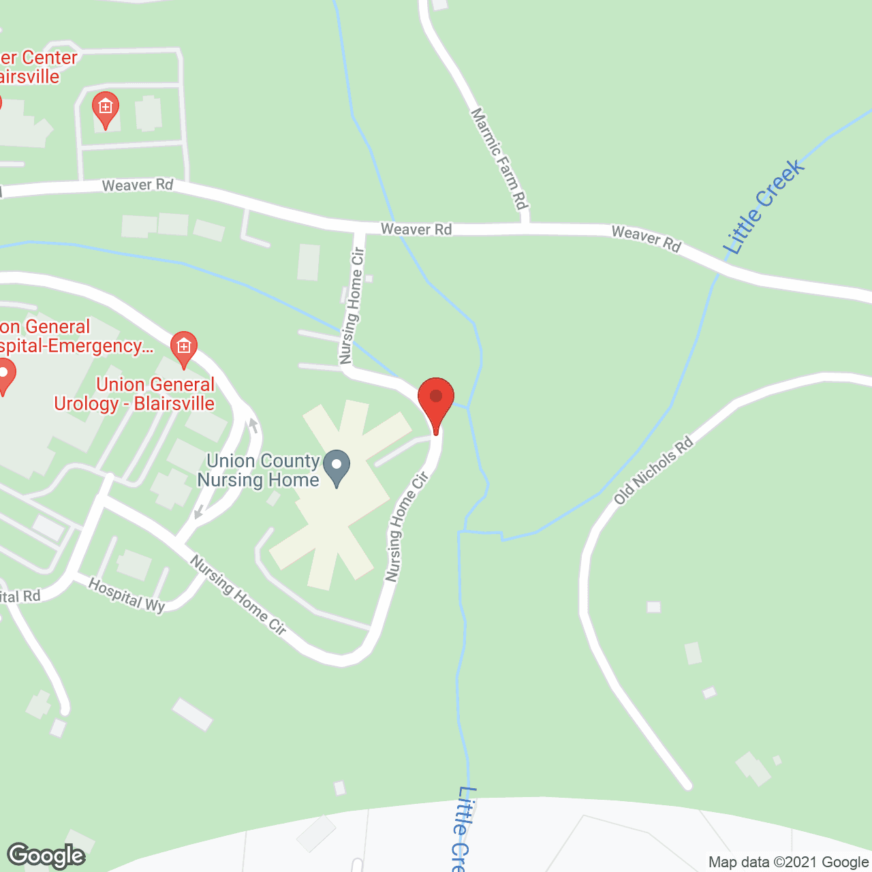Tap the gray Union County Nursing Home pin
(337, 467)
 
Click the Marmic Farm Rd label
(500, 158)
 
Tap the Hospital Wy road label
(127, 595)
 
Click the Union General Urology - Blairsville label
(135, 394)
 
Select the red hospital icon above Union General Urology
(183, 347)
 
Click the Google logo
(46, 855)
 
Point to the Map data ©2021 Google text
(788, 862)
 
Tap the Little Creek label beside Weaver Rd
(764, 206)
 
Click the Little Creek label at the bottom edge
(463, 828)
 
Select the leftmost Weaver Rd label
(138, 185)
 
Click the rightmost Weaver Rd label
(646, 238)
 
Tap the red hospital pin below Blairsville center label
(105, 108)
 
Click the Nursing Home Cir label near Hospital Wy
(238, 594)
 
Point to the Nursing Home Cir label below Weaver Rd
(352, 305)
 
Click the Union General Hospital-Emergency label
(71, 337)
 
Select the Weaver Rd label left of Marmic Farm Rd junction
(416, 230)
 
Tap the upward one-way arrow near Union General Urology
(253, 426)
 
